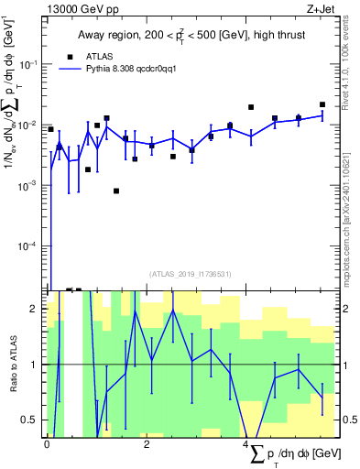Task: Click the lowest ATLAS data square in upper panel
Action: [116, 191]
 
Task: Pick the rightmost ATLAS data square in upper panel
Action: [322, 104]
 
